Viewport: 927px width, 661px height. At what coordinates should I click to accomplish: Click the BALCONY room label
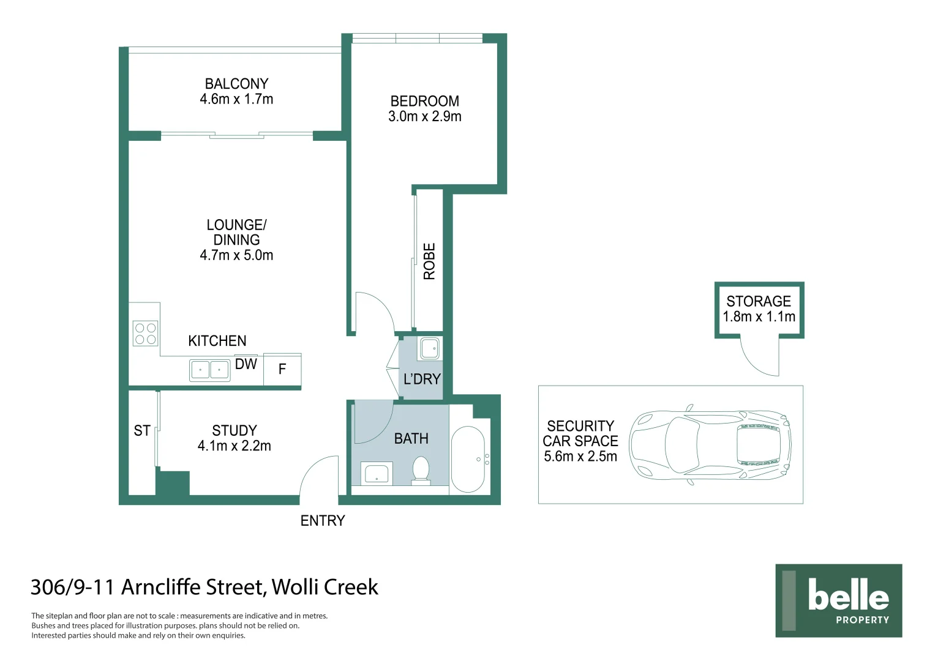(236, 84)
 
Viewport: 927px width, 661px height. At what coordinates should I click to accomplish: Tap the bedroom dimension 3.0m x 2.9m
(424, 117)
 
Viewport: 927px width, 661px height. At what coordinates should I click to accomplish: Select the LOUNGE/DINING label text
(236, 233)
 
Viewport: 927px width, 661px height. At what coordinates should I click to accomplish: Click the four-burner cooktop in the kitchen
(145, 333)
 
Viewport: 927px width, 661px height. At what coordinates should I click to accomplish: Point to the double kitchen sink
(209, 370)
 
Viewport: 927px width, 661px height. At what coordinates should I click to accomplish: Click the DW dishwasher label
(246, 364)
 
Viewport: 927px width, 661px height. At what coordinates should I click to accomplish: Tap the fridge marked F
(282, 369)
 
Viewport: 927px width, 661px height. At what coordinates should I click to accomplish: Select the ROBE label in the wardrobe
(429, 261)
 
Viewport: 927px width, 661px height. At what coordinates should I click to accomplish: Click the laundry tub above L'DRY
(429, 349)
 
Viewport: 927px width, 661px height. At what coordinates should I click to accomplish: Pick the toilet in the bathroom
(421, 470)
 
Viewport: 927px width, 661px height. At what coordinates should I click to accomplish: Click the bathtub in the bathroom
(468, 458)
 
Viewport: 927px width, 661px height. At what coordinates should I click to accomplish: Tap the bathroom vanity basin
(376, 473)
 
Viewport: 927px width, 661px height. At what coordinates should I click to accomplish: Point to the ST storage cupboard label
(142, 431)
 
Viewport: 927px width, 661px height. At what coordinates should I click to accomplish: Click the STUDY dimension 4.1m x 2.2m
(234, 446)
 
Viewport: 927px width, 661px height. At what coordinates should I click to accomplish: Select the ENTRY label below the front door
(323, 521)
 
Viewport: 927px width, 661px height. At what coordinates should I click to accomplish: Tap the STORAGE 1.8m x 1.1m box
(759, 309)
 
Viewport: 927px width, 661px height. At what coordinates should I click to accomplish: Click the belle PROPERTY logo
(838, 600)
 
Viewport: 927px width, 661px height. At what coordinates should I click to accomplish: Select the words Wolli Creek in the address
(325, 587)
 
